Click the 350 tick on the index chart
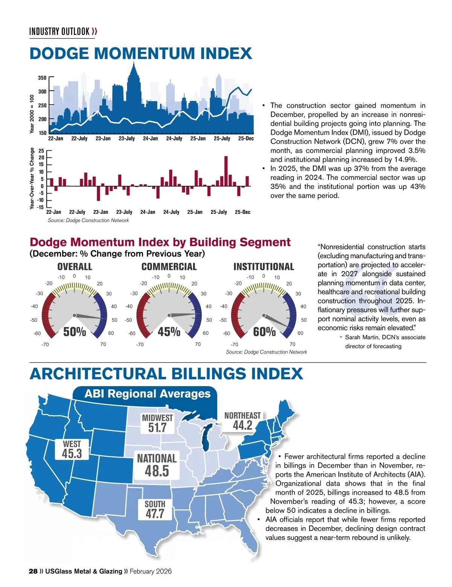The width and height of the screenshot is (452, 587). pos(42,78)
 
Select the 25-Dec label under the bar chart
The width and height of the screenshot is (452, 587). pos(243,212)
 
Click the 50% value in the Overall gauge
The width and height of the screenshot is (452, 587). pos(75,332)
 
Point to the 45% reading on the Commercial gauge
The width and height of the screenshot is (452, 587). pos(169,332)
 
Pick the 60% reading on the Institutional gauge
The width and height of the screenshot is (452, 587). pos(264,332)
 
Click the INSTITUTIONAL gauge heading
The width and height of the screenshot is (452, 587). pos(264,267)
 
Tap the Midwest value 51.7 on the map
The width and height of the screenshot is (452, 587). pos(157,428)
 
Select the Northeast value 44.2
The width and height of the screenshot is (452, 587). pos(243,425)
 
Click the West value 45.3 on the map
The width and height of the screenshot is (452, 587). pos(72,453)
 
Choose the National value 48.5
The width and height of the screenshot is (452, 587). pos(157,471)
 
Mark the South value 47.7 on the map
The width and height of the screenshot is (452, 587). pos(155,514)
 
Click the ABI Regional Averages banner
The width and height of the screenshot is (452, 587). pos(148,394)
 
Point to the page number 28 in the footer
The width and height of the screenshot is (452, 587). pos(33,571)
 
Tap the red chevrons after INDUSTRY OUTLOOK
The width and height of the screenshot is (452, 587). pos(95,31)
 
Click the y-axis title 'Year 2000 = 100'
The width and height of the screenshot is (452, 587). pos(32,114)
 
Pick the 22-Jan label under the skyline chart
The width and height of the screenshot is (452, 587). pos(56,139)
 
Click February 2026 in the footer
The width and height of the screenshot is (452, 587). pos(151,571)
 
